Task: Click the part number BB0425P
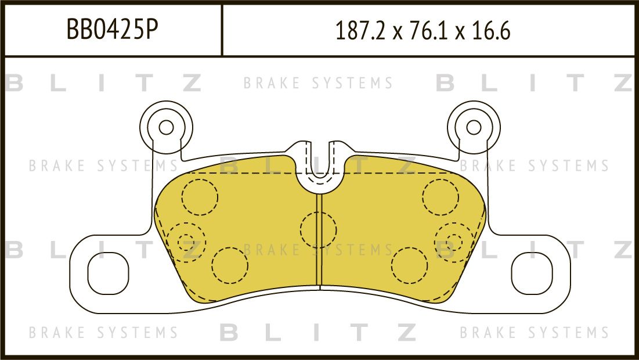point(113,30)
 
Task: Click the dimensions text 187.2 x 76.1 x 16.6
point(423,31)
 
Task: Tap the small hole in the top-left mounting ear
point(166,127)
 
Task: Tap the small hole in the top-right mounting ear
point(474,127)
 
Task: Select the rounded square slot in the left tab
point(107,272)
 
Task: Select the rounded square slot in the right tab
point(532,272)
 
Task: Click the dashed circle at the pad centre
point(318,229)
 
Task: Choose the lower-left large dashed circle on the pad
point(230,265)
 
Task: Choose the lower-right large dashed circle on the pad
point(410,265)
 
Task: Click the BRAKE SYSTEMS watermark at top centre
point(318,84)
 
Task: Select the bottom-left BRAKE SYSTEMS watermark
point(103,333)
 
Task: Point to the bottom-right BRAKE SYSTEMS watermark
point(534,333)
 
